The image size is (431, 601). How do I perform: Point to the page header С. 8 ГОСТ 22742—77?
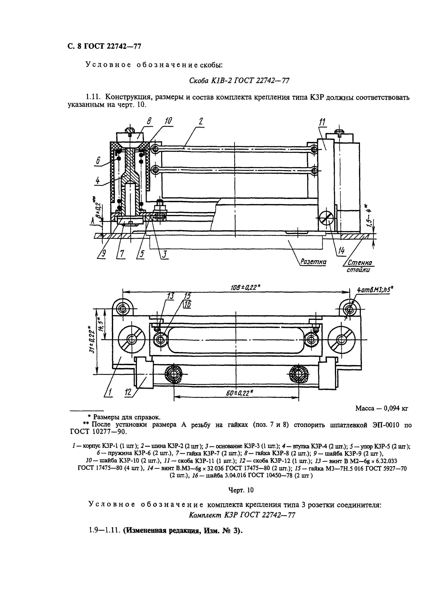point(104,46)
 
